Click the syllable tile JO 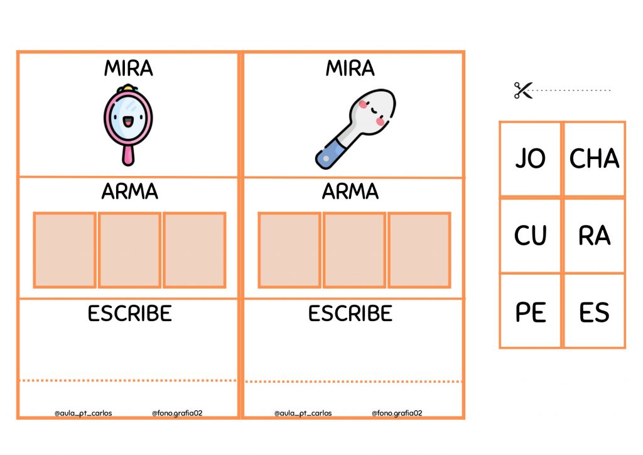click(x=530, y=159)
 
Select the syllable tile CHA click(x=594, y=159)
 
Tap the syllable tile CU click(x=530, y=236)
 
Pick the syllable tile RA click(x=594, y=236)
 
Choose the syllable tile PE click(x=530, y=312)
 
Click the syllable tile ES click(x=594, y=312)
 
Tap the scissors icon click(x=523, y=90)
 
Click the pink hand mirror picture click(x=128, y=124)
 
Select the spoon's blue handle click(x=332, y=154)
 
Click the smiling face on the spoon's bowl click(x=373, y=111)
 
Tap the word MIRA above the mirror click(x=128, y=68)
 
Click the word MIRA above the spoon click(x=350, y=68)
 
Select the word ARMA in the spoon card click(x=350, y=191)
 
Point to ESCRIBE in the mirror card click(x=129, y=314)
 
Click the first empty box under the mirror click(x=65, y=250)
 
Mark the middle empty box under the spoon click(x=354, y=250)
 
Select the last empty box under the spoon click(x=419, y=250)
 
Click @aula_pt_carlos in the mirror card click(x=84, y=413)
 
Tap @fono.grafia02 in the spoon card click(x=397, y=413)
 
